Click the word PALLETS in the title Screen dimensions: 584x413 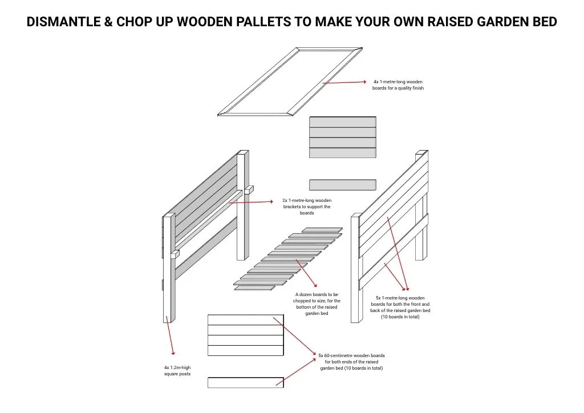click(263, 22)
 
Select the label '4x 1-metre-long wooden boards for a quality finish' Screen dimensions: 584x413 click(398, 85)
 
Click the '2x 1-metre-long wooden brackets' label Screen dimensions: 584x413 click(307, 206)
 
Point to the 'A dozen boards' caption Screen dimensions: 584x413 click(317, 304)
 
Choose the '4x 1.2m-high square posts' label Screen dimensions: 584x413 click(177, 371)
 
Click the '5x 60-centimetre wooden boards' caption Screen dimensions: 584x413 click(351, 362)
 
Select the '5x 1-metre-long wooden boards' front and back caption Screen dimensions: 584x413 click(400, 307)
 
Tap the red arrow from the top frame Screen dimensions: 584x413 click(344, 82)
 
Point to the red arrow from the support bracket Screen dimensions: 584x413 click(251, 202)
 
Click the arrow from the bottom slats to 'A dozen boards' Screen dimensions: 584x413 click(306, 273)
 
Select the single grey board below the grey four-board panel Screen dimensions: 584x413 click(343, 185)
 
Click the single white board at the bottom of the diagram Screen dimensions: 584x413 click(245, 382)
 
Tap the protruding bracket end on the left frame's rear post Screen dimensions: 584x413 click(249, 189)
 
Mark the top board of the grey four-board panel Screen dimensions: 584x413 click(343, 122)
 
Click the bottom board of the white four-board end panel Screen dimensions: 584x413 click(245, 350)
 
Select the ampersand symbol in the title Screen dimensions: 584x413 click(108, 22)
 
